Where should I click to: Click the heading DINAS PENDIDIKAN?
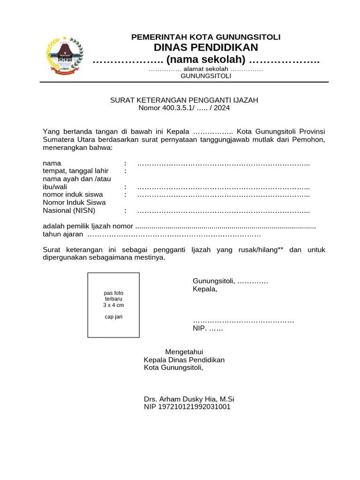206,47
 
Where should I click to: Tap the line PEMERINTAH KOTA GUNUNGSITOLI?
206,37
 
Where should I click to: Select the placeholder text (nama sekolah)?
206,60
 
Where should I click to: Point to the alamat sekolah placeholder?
206,69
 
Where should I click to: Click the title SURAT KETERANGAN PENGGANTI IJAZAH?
184,100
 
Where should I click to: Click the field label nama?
52,164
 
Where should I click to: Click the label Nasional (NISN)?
69,210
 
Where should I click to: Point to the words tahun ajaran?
63,234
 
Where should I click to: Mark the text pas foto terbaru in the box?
113,296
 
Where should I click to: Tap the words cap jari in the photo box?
113,317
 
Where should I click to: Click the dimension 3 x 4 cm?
113,305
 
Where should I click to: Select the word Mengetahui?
184,352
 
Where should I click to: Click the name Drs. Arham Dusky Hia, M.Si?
189,399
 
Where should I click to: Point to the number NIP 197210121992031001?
187,407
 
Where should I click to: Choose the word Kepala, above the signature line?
205,289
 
